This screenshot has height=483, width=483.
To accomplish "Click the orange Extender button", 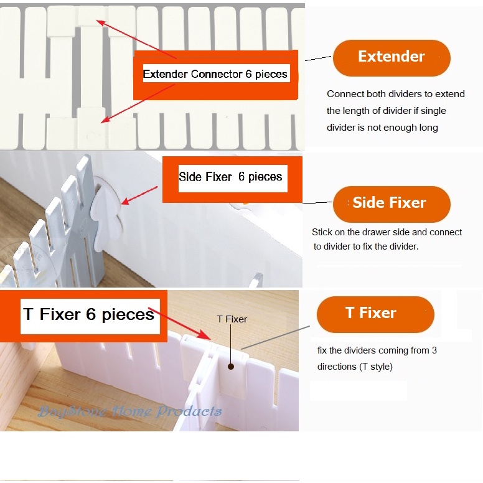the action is click(x=392, y=58).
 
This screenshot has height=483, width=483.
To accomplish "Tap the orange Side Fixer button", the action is click(x=392, y=204).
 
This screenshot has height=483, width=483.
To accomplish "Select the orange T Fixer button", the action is click(x=375, y=314).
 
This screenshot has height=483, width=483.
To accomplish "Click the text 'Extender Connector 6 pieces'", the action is click(x=215, y=74).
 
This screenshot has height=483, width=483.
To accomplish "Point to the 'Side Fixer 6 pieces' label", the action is click(x=230, y=177).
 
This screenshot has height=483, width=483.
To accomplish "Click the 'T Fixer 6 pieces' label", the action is click(x=89, y=314).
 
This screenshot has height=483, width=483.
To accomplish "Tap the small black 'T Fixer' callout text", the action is click(x=232, y=319).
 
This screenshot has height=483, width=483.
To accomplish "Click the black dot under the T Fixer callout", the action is click(x=231, y=367).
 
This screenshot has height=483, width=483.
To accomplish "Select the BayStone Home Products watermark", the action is click(x=129, y=411).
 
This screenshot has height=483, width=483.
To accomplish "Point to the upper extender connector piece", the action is click(x=91, y=17).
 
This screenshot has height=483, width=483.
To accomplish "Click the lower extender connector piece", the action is click(x=91, y=128).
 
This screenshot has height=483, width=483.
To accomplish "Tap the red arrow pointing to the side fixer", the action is click(x=139, y=195).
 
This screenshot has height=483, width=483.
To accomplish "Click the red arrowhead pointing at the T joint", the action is click(x=205, y=334).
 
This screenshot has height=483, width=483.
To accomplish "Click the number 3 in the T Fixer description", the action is click(x=434, y=350).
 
